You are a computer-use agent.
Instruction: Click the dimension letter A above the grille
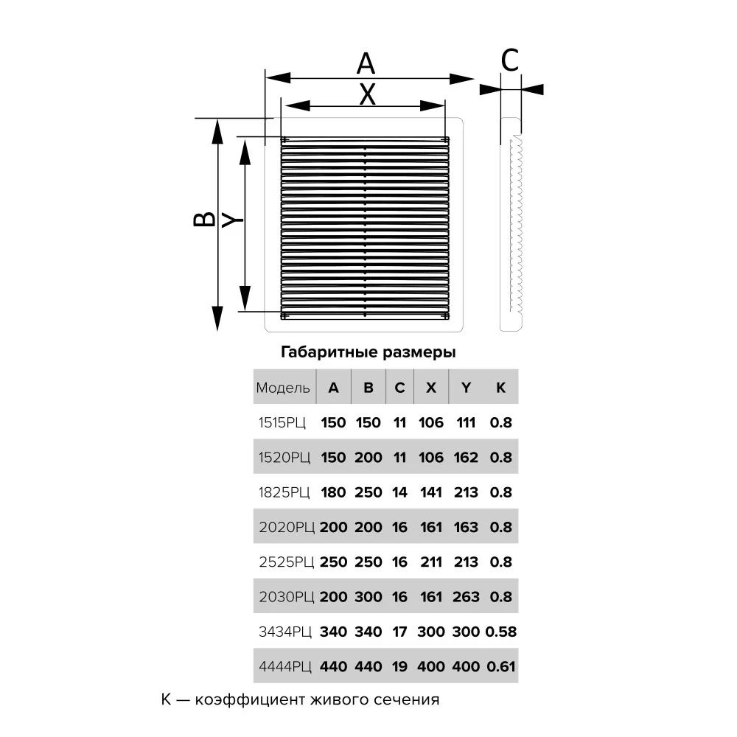point(366,64)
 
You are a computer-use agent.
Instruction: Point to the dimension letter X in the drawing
point(367,94)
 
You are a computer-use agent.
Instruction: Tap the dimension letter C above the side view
point(510,61)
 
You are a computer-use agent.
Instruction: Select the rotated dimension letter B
point(205,219)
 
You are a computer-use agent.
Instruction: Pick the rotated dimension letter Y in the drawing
point(232,220)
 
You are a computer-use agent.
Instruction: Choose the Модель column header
point(283,388)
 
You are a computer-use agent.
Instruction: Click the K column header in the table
point(500,388)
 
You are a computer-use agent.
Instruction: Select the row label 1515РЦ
point(283,423)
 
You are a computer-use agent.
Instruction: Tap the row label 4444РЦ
point(284,667)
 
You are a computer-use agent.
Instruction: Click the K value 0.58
point(500,632)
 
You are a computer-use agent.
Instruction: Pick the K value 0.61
point(500,667)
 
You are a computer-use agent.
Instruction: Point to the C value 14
point(399,492)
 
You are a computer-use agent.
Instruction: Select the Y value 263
point(466,597)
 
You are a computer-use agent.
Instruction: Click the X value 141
point(431,492)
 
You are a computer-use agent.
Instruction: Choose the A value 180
point(333,492)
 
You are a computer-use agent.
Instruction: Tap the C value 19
point(399,667)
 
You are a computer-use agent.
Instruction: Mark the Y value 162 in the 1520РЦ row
point(466,458)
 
